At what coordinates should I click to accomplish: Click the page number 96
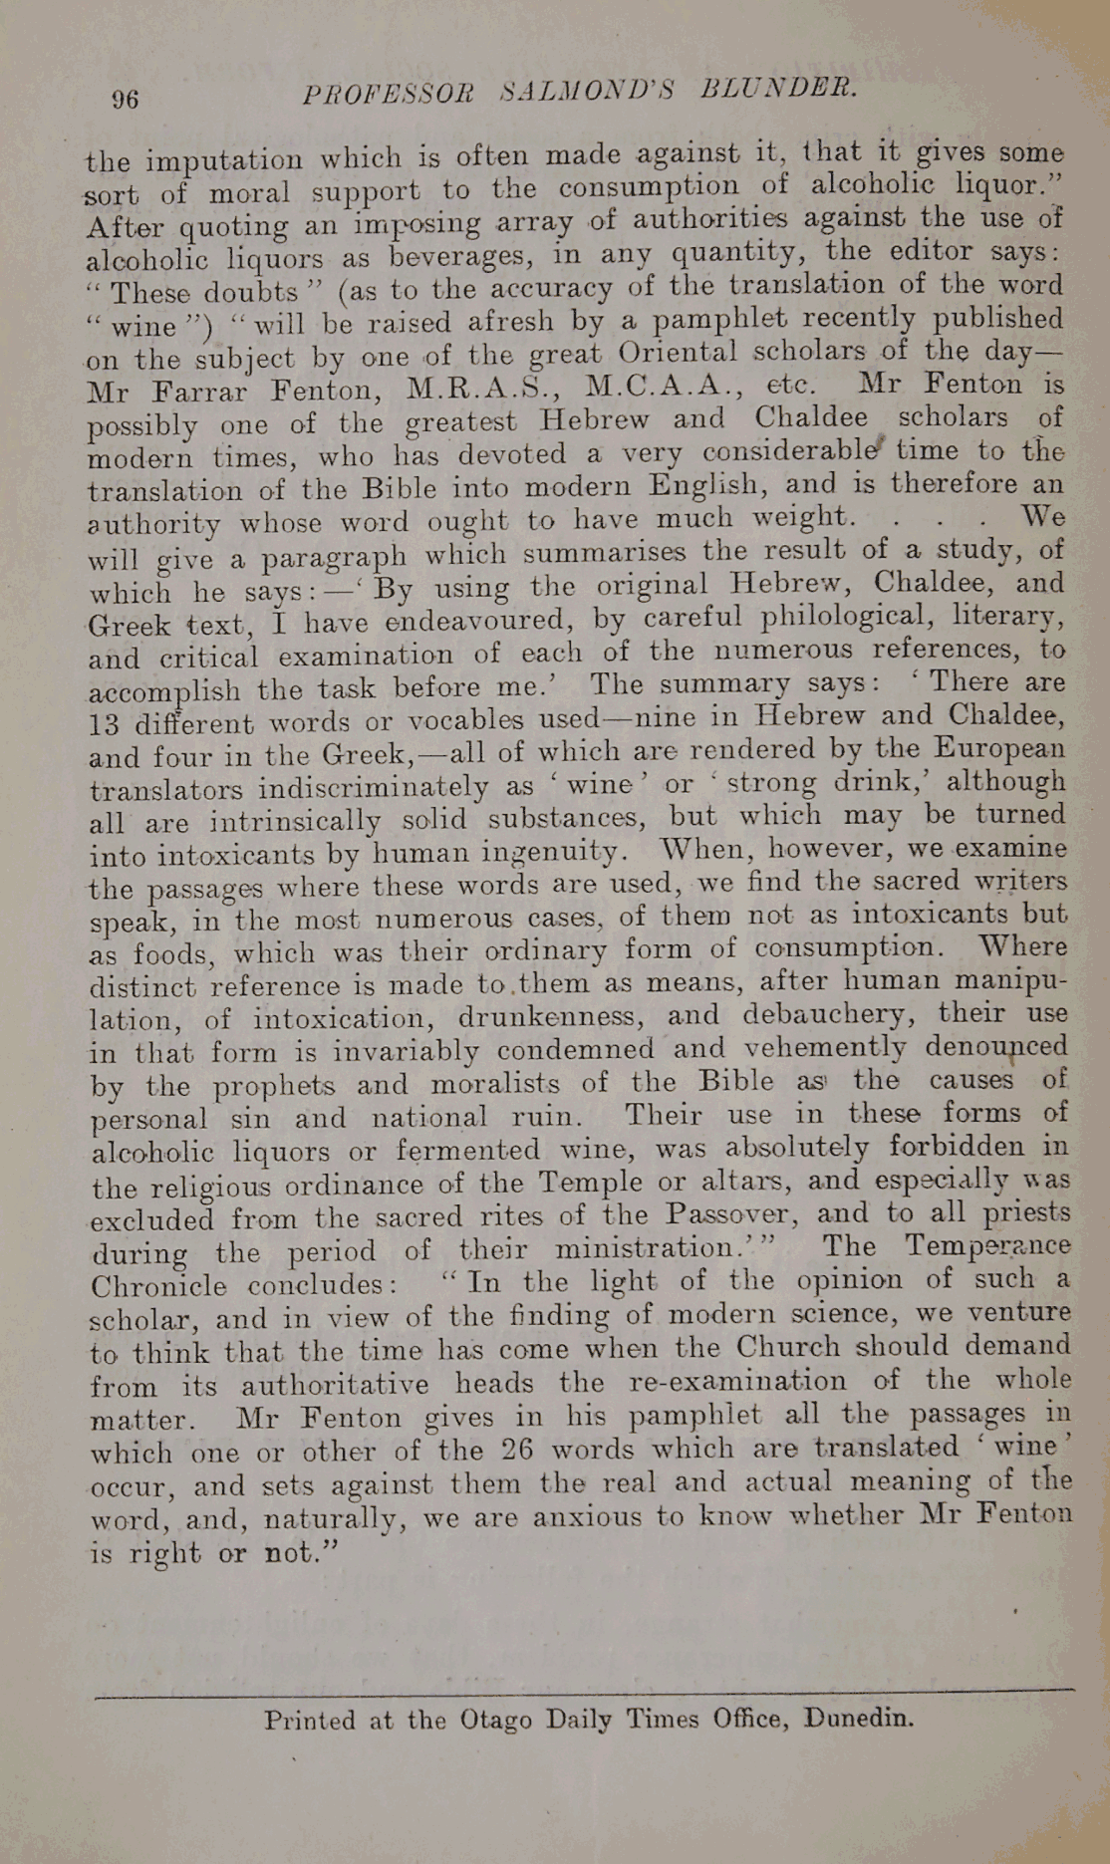pos(126,99)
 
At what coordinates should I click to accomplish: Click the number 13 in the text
pos(104,724)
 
